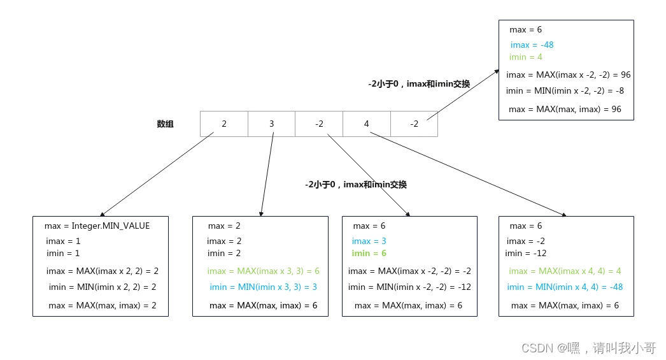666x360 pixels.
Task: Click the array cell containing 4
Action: click(x=367, y=124)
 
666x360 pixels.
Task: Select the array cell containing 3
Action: click(x=271, y=124)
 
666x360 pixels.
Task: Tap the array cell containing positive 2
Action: click(x=224, y=124)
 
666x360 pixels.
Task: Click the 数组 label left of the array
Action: click(x=166, y=124)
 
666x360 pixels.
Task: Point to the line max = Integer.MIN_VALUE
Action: click(x=97, y=226)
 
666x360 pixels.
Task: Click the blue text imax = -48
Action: click(x=532, y=45)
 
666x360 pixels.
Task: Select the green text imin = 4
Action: click(x=526, y=57)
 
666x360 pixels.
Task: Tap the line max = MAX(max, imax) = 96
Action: click(x=565, y=109)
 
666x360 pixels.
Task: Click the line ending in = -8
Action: click(x=565, y=90)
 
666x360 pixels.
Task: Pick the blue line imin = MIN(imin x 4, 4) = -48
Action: click(x=565, y=287)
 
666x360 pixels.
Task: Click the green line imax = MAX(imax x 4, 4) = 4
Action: click(x=565, y=271)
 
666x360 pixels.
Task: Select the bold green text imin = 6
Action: click(x=369, y=254)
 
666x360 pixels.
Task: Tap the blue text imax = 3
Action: click(x=369, y=241)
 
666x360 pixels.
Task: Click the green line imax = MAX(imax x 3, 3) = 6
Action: click(x=263, y=271)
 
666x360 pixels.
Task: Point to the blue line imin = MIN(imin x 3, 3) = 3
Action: click(x=263, y=287)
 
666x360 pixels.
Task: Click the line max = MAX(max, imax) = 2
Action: click(x=103, y=305)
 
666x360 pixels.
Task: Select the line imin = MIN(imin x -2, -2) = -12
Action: click(x=409, y=287)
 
